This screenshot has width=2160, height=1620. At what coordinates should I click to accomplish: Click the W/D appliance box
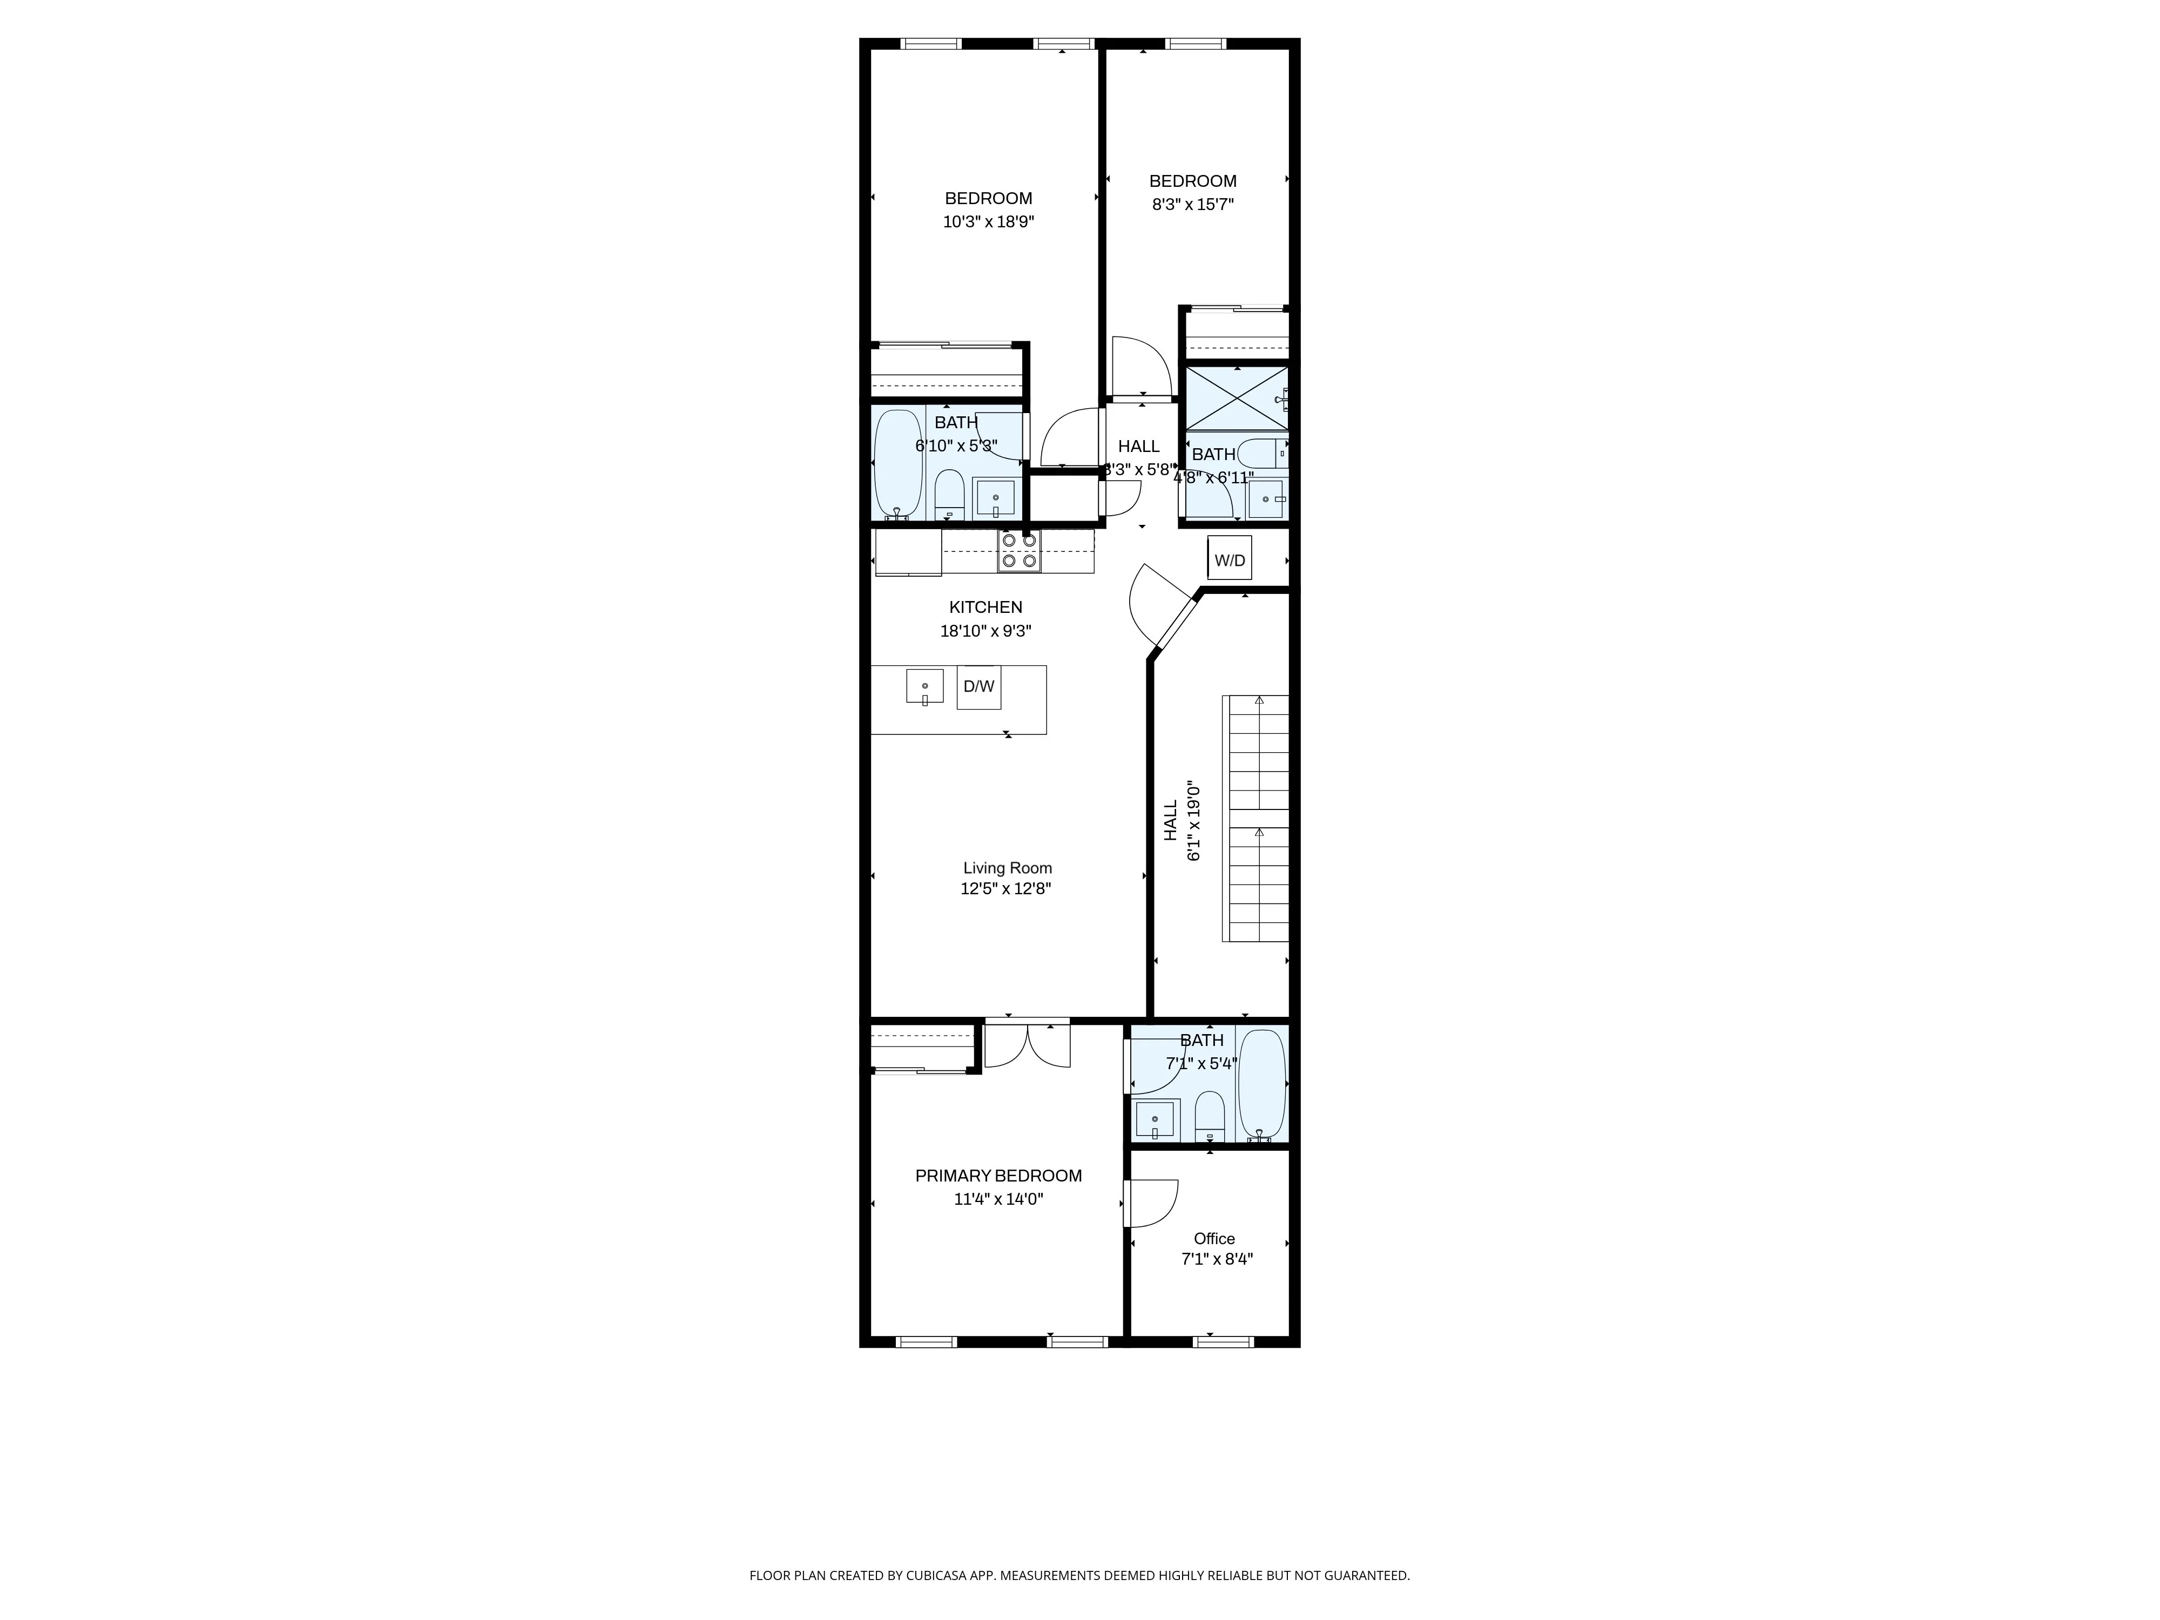click(x=1230, y=558)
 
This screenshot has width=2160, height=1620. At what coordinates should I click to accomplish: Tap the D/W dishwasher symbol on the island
click(x=978, y=686)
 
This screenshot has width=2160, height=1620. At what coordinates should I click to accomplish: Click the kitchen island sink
click(x=924, y=686)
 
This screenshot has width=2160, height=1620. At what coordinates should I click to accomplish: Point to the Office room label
click(x=1214, y=1238)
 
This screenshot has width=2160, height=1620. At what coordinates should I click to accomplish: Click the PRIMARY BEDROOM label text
click(x=998, y=1176)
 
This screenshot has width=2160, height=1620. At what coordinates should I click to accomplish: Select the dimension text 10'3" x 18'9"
click(x=988, y=221)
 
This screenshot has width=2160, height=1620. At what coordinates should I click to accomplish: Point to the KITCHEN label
click(x=986, y=607)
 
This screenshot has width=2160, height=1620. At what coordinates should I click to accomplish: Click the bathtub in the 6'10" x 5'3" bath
click(x=897, y=464)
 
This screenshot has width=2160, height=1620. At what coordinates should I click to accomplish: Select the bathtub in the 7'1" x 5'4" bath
click(x=1261, y=1084)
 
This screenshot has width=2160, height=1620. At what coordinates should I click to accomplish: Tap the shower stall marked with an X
click(x=1236, y=397)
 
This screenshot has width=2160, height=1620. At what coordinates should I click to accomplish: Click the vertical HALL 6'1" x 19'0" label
click(x=1180, y=820)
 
